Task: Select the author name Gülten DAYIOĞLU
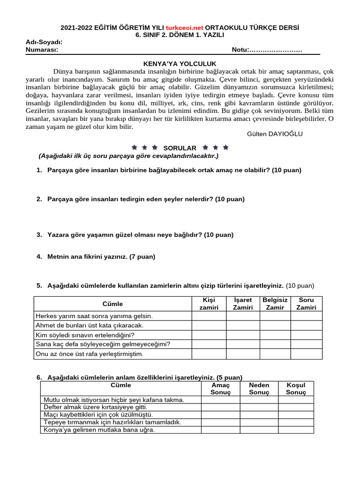point(275,134)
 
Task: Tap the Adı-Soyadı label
point(44,43)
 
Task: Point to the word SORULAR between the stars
point(180,148)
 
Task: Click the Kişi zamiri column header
point(209,304)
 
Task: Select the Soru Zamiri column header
point(306,304)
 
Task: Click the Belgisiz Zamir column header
point(275,304)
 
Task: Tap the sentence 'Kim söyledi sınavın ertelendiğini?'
point(85,335)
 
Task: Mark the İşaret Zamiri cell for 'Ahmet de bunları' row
point(243,325)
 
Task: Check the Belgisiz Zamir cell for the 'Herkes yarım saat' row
point(275,316)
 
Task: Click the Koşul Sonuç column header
point(296,389)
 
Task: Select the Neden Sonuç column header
point(259,389)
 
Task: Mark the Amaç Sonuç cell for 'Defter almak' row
point(220,407)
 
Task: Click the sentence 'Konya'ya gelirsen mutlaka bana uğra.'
point(99,430)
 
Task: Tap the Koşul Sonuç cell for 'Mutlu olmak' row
point(296,400)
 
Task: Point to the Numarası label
point(42,50)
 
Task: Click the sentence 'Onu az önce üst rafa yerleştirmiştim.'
point(90,354)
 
